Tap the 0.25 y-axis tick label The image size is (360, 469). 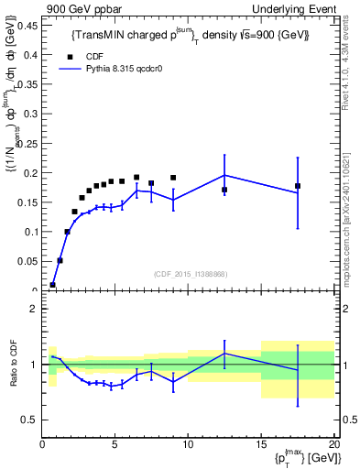tap(26, 144)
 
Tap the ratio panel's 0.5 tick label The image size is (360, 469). tap(29, 420)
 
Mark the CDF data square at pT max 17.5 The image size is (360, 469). tap(298, 186)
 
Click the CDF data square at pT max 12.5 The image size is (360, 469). tap(224, 190)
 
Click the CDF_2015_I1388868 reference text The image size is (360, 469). tap(189, 275)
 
